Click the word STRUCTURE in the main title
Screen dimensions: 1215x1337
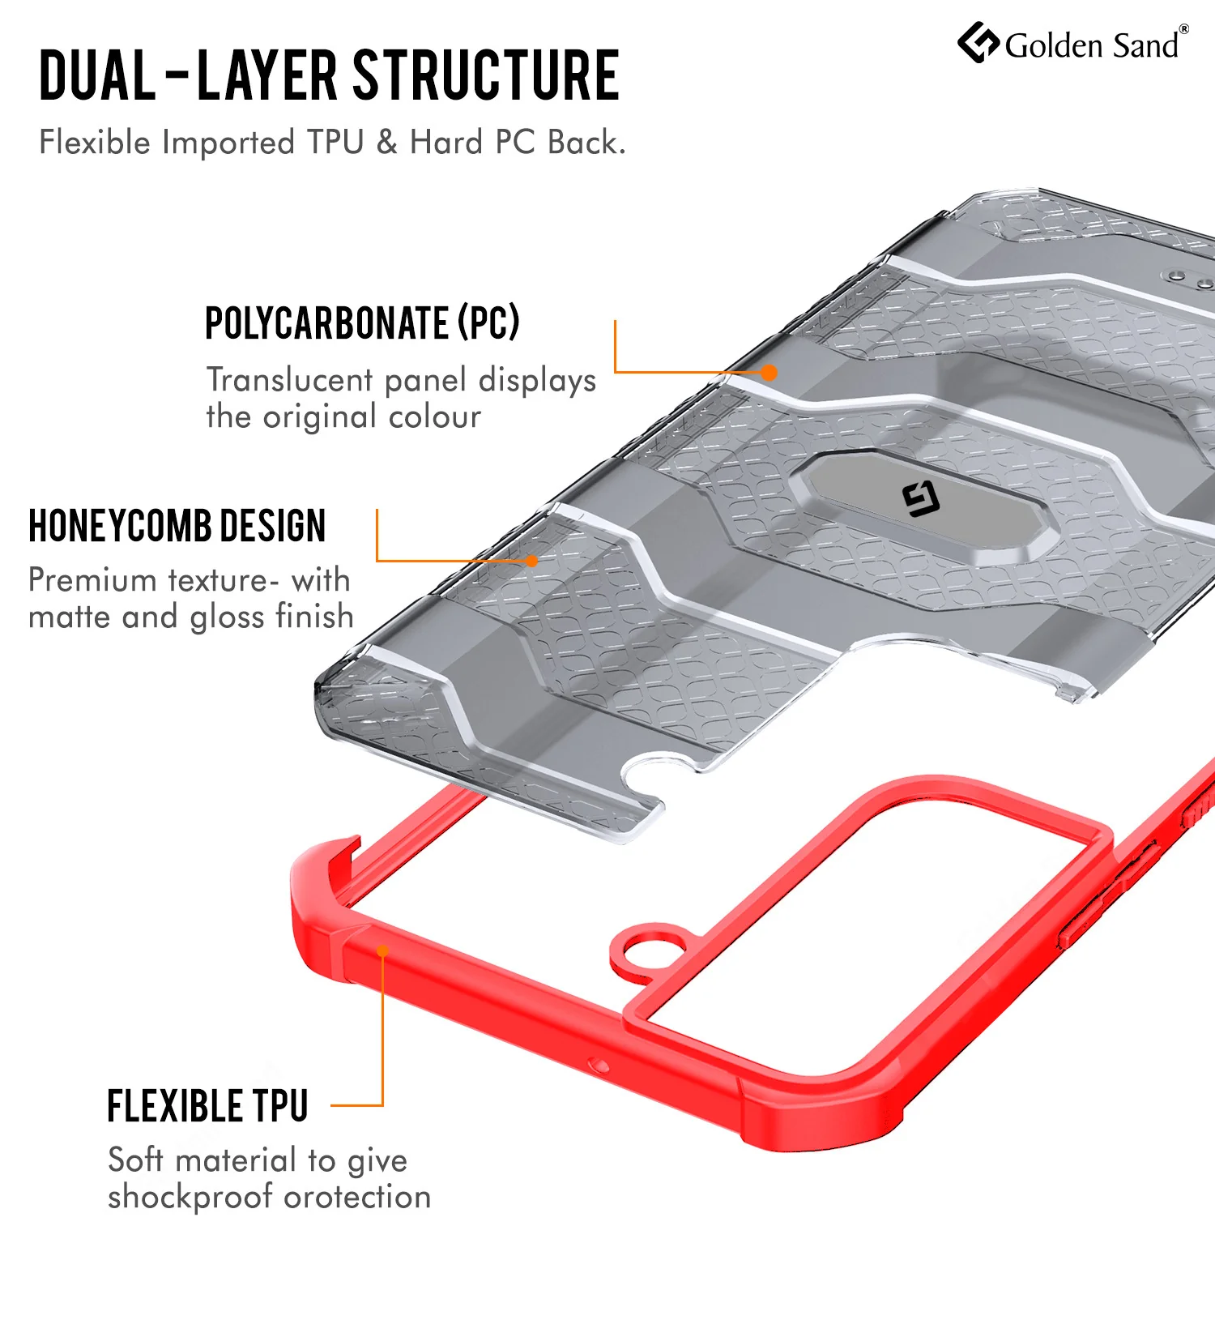coord(486,75)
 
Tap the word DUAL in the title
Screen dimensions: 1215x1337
coord(97,75)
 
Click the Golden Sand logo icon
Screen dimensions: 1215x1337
coord(978,42)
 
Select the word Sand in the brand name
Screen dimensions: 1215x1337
coord(1145,46)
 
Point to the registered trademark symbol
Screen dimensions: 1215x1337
coord(1184,29)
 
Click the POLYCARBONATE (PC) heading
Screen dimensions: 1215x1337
coord(362,323)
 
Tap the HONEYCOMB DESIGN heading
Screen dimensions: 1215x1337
coord(177,526)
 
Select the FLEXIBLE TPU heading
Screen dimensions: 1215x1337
coord(208,1106)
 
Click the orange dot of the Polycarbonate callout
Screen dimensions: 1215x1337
coord(769,373)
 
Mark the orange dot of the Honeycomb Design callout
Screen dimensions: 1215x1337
coord(532,561)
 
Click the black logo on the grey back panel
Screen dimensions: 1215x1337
coord(921,498)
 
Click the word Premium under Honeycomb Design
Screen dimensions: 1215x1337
coord(92,580)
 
